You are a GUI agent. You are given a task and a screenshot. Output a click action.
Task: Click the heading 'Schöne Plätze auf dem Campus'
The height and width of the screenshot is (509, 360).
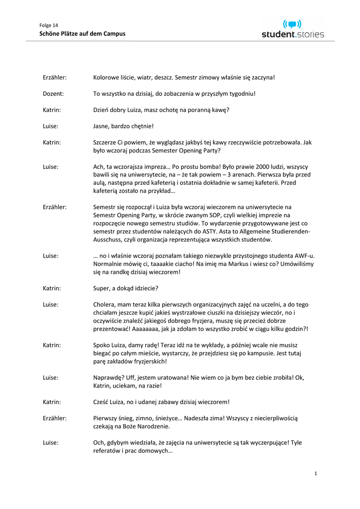coord(82,34)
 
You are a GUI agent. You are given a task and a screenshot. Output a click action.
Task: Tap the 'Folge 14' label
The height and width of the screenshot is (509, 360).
coord(49,25)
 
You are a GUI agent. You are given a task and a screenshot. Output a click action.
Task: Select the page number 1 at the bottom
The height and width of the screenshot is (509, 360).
coord(315,473)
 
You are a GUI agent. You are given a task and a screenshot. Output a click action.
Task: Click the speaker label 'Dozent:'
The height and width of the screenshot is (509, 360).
coord(54,93)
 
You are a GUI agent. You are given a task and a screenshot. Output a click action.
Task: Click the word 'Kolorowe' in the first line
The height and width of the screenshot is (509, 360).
coord(107,78)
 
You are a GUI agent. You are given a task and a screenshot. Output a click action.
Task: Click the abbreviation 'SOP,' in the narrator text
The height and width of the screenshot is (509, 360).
coord(200,215)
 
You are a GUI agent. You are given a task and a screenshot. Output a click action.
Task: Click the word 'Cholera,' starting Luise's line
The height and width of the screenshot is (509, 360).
coord(105,304)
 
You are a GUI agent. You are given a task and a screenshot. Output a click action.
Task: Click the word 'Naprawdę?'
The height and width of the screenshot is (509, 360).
coord(110,377)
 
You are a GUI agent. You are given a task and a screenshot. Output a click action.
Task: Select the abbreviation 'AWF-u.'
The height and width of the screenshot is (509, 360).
coord(304,255)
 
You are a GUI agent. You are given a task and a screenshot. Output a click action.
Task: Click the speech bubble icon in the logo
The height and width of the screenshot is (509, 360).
coord(292,24)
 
